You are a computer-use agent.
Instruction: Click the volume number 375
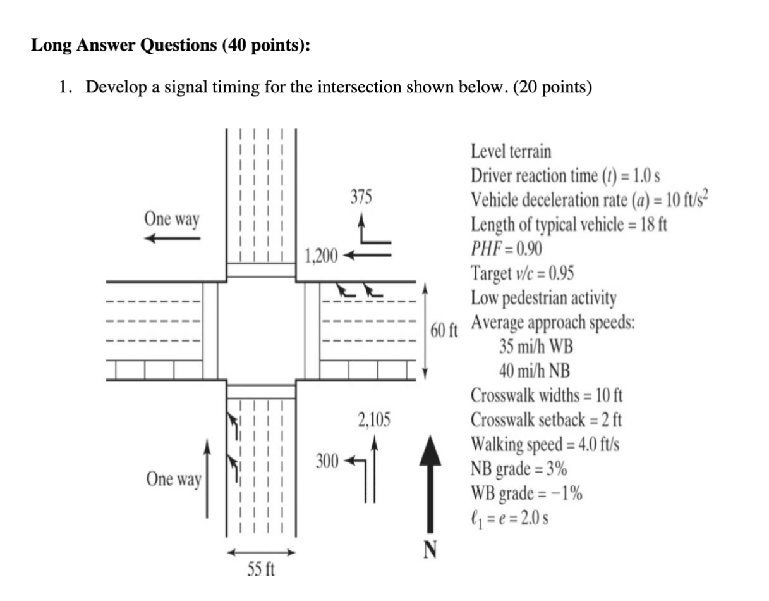(x=361, y=197)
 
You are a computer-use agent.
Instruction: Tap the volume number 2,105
(x=374, y=419)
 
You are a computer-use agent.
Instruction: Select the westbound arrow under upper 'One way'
(x=172, y=239)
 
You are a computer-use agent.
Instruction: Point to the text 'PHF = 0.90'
(x=506, y=249)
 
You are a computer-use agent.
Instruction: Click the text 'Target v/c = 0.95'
(x=523, y=273)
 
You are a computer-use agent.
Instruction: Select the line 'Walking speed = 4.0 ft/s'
(x=544, y=444)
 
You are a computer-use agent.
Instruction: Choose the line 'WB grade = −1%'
(x=526, y=493)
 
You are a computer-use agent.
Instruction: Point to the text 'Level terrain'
(x=511, y=152)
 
